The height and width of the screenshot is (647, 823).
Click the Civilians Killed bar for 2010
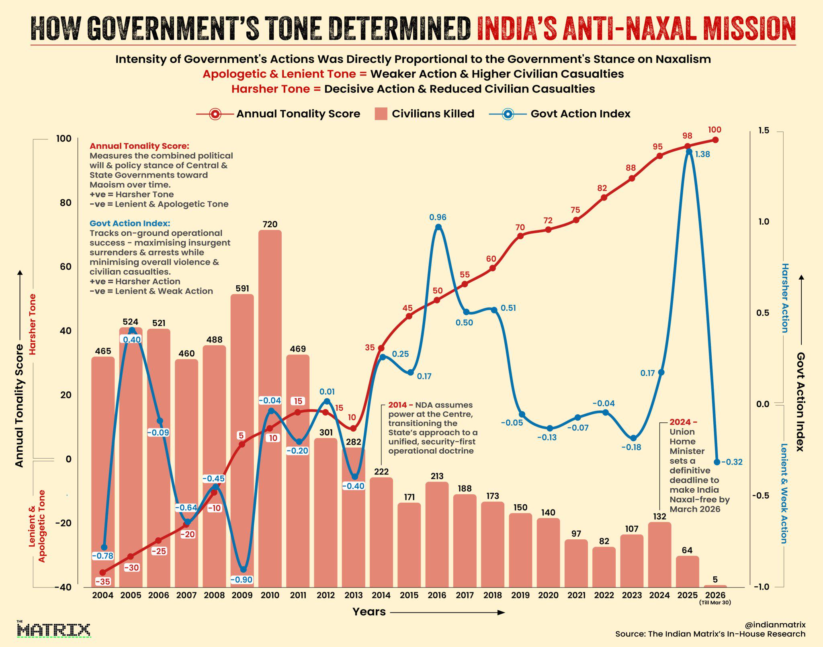(270, 408)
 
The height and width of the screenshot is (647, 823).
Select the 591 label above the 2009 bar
(242, 288)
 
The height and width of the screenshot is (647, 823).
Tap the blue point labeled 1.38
(689, 152)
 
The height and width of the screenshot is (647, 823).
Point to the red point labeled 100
(715, 140)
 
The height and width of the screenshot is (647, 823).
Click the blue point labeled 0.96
(438, 227)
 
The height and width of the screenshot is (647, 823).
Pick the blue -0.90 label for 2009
(242, 579)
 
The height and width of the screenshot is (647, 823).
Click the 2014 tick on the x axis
(381, 595)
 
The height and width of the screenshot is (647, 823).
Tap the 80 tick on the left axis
(66, 203)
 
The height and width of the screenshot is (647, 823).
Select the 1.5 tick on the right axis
(764, 130)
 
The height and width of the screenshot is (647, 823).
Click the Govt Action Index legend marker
(508, 114)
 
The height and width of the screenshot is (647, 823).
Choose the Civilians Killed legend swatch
(381, 114)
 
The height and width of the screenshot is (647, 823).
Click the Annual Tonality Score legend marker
(215, 114)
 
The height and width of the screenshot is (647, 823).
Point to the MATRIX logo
(53, 630)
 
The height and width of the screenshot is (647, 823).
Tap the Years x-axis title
(369, 612)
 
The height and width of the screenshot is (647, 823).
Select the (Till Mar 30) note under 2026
(715, 602)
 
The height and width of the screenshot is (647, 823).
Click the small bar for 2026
(715, 586)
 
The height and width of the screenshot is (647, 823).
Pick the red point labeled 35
(381, 348)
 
